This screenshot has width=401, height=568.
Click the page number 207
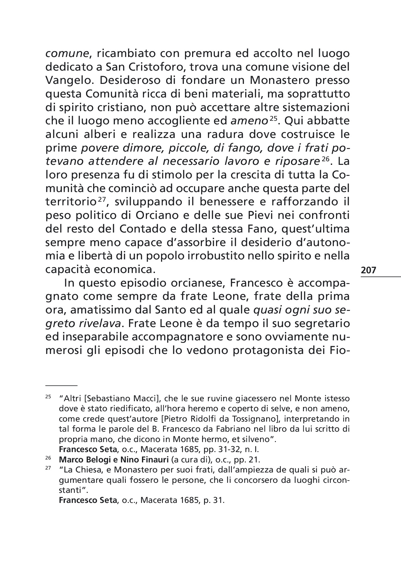pos(369,270)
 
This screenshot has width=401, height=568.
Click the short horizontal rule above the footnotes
pos(61,385)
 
